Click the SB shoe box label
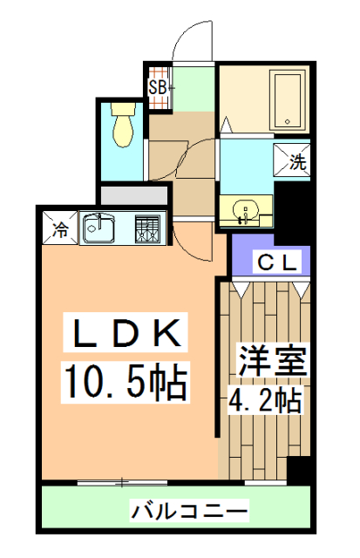(x=158, y=88)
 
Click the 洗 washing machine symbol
(x=297, y=160)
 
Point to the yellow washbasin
(x=245, y=211)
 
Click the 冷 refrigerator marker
(x=60, y=230)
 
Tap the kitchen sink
(x=99, y=230)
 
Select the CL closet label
(x=276, y=260)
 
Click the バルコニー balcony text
(x=191, y=509)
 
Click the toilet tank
(x=124, y=111)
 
